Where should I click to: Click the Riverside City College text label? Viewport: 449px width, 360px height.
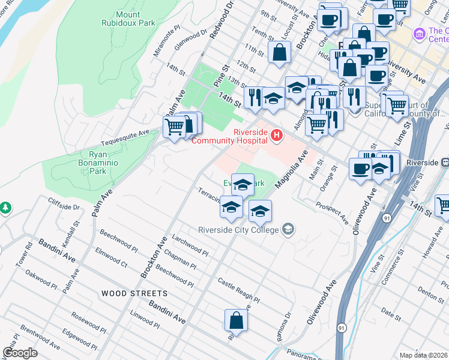[x=239, y=230]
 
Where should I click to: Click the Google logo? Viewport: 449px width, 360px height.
[x=20, y=352]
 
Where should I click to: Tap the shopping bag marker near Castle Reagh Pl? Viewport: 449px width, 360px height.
[x=237, y=320]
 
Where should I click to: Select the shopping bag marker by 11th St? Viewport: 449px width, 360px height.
[x=280, y=52]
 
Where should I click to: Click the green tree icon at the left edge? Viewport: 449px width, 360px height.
[x=5, y=208]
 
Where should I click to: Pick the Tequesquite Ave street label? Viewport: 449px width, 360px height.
[x=125, y=137]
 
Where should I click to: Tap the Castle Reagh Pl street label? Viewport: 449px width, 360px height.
[x=238, y=290]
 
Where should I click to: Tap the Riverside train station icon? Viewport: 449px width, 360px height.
[x=444, y=163]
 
